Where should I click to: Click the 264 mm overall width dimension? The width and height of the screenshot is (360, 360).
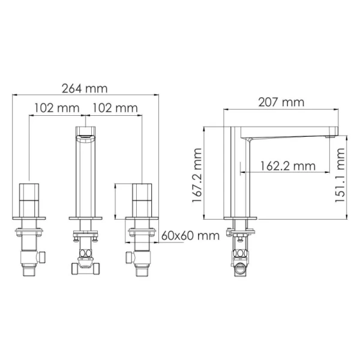tap(85, 88)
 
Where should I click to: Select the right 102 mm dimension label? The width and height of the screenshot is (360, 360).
tap(114, 108)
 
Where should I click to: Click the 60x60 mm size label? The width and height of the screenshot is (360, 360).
tap(190, 235)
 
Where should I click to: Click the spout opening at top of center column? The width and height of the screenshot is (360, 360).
tap(86, 132)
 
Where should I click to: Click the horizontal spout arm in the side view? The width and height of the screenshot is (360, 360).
tap(288, 132)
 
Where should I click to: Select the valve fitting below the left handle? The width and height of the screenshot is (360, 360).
tap(30, 255)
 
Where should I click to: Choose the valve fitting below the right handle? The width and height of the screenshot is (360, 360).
tap(140, 255)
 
